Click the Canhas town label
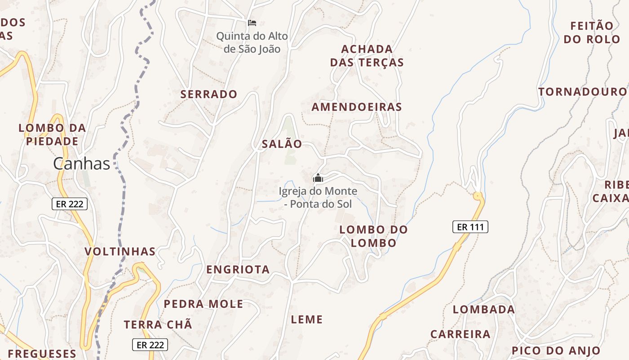81,164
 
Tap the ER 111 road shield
470,227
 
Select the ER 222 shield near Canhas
69,204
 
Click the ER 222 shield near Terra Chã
150,345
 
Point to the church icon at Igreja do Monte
318,178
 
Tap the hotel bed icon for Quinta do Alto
252,22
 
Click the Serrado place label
208,94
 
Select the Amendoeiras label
357,107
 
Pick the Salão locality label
282,144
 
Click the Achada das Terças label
367,56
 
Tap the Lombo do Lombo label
373,236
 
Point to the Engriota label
238,270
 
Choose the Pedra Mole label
204,304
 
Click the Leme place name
307,320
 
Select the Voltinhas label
120,252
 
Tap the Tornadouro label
582,92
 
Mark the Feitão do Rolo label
592,32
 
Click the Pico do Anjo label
556,351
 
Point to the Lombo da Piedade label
52,135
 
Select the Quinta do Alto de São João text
252,42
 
